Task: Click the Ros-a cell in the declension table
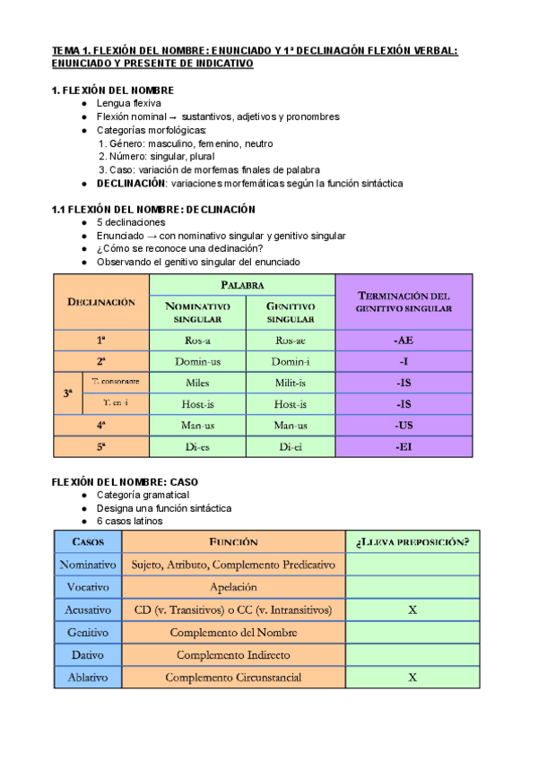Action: tap(197, 341)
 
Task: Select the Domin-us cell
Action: tap(197, 361)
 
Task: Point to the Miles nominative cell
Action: tap(197, 383)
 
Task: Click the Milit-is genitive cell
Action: tap(291, 383)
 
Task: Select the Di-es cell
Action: tap(197, 447)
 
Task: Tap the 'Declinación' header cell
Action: tap(101, 302)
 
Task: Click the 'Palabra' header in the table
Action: tap(242, 284)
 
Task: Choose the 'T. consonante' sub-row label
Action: tap(115, 382)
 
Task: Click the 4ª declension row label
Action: tap(101, 426)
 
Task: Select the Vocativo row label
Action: tap(88, 587)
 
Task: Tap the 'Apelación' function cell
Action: tap(234, 587)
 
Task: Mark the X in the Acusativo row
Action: tap(412, 609)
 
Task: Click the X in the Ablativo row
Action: tap(412, 678)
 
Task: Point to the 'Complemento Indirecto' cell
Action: tap(234, 655)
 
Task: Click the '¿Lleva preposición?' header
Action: tap(412, 541)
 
